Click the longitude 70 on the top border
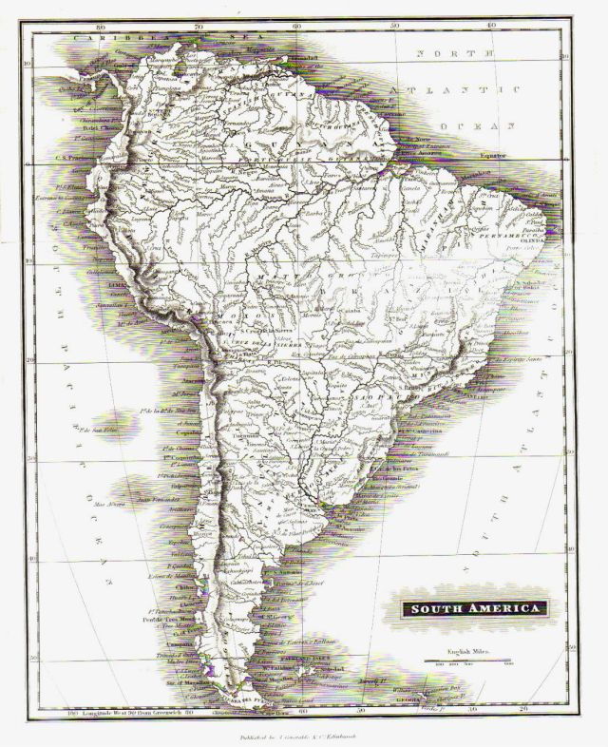point(199,28)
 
